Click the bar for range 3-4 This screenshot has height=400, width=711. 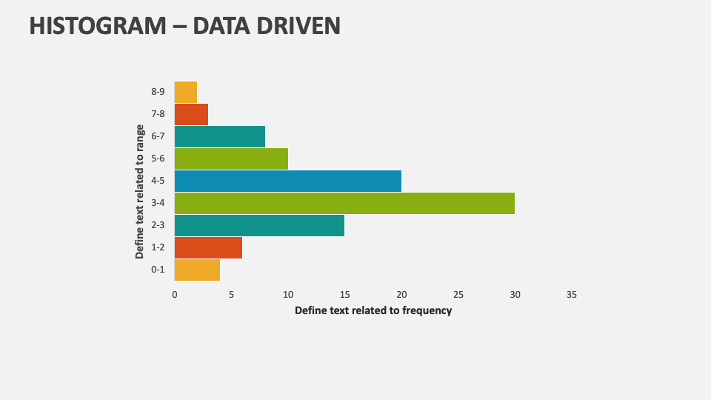(344, 203)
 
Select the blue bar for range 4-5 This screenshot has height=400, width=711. (287, 181)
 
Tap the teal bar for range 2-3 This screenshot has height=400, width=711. (259, 225)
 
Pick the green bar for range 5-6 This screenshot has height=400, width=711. (231, 159)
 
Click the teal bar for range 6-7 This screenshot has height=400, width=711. (219, 136)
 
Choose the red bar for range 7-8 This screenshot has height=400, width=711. (191, 114)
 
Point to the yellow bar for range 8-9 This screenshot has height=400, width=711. (185, 92)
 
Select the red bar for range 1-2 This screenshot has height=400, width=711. (208, 247)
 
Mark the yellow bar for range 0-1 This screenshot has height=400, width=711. (197, 270)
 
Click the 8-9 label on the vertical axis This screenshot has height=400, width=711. (157, 92)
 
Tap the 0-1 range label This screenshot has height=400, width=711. (157, 270)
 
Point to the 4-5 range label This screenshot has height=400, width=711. (157, 181)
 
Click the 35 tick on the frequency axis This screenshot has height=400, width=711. (571, 294)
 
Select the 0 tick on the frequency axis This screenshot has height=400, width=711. (175, 294)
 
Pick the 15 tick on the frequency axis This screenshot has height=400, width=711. (344, 294)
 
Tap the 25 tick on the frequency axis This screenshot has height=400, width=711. (458, 294)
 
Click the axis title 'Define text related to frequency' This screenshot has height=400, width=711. (373, 310)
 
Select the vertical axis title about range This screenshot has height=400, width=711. (140, 191)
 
